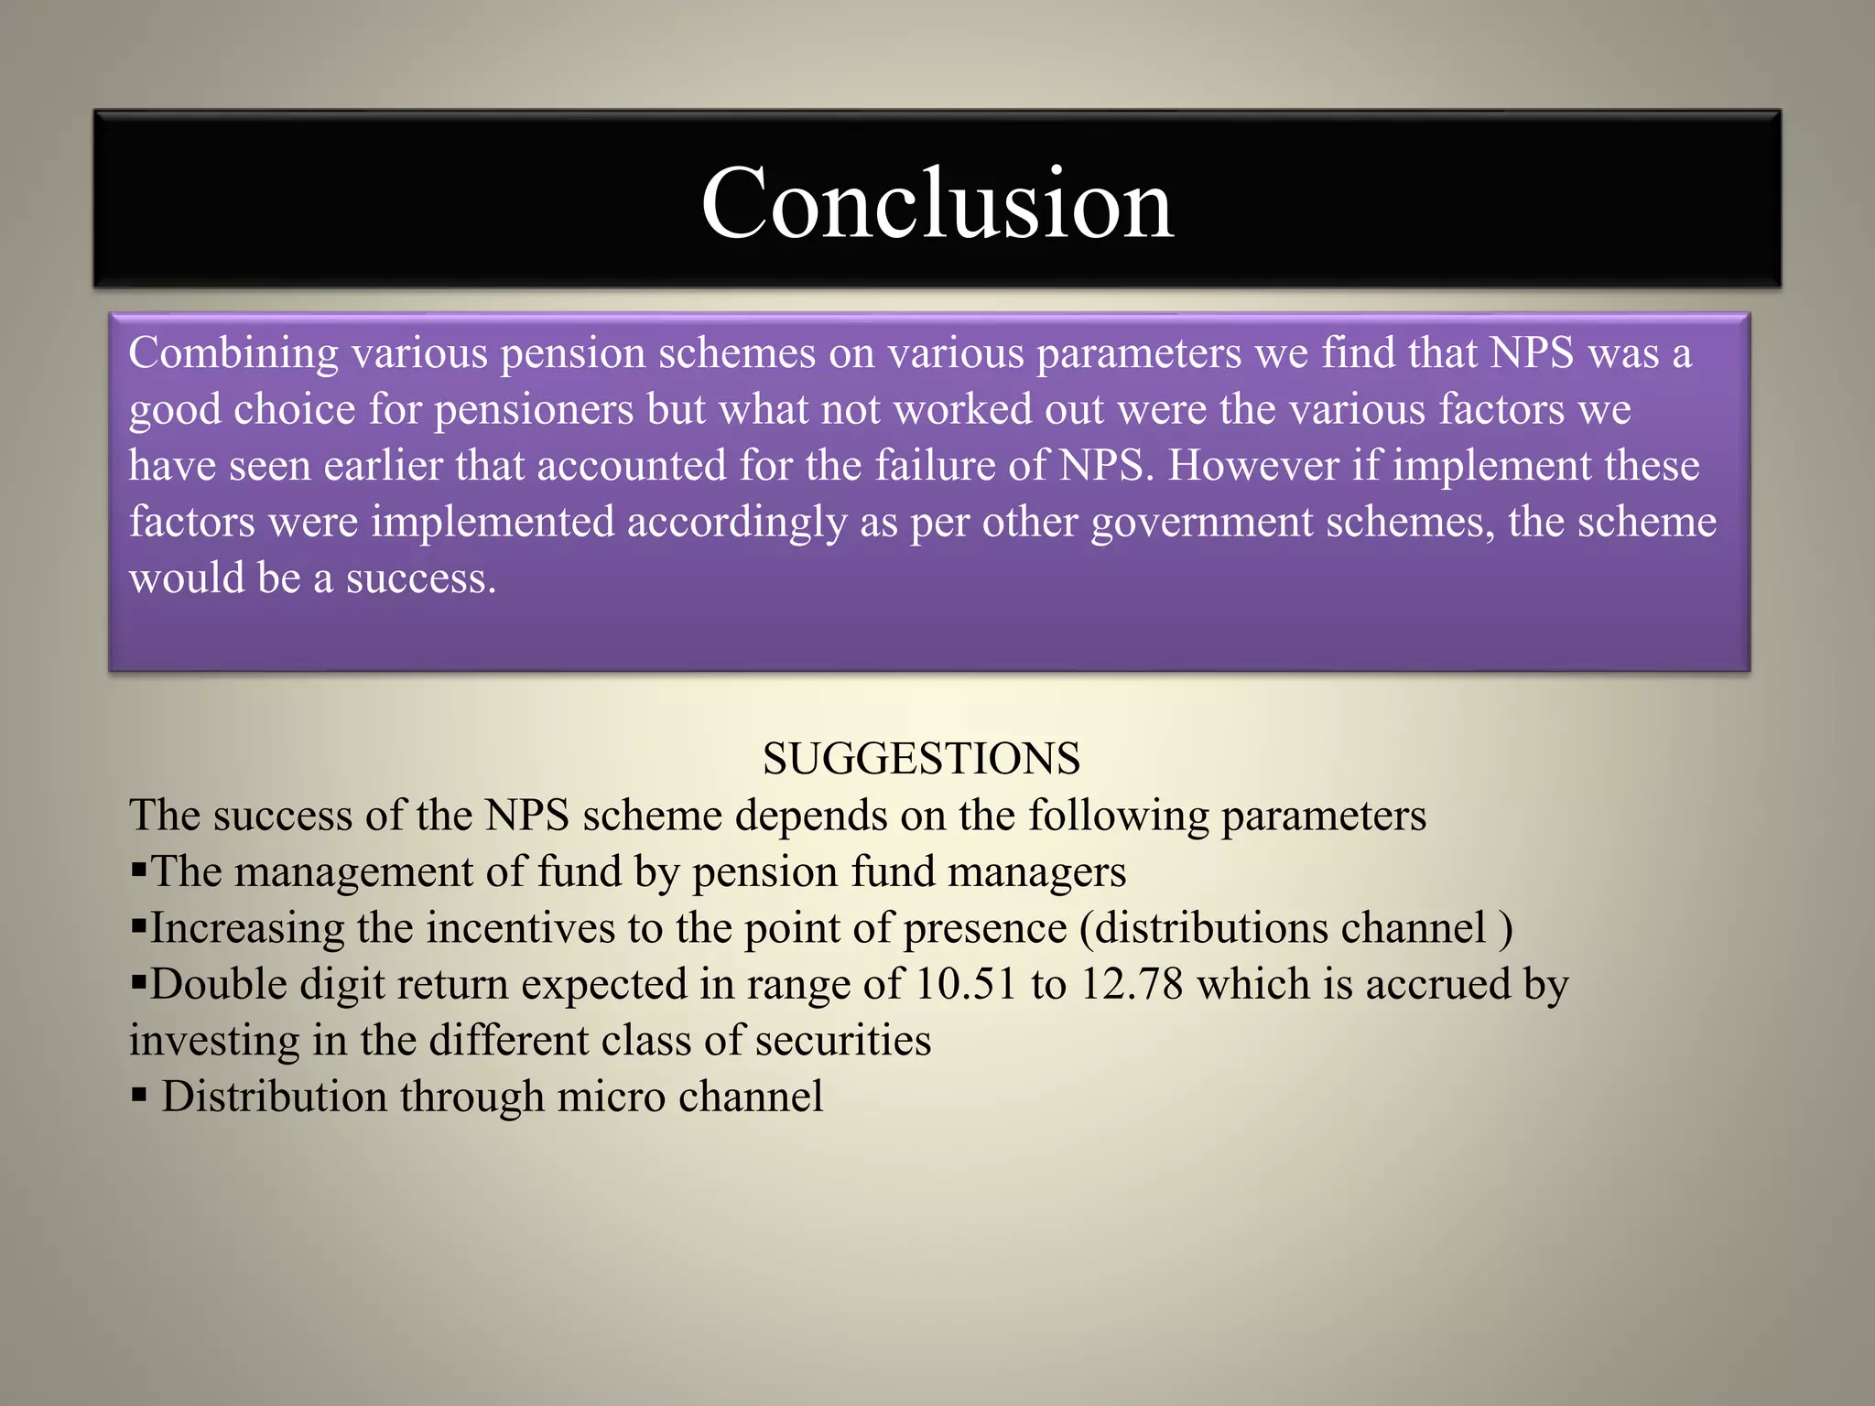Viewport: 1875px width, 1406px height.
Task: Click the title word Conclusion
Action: click(x=937, y=203)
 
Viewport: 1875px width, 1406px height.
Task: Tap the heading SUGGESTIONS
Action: click(x=921, y=759)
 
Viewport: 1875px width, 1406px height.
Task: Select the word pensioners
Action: click(x=534, y=410)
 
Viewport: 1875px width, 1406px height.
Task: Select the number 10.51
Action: click(x=966, y=985)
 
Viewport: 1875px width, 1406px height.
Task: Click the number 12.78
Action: click(x=1132, y=985)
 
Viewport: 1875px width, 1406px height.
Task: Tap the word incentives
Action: click(x=520, y=928)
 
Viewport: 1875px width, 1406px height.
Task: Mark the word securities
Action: click(x=842, y=1041)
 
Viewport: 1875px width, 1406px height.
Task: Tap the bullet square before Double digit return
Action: click(x=139, y=984)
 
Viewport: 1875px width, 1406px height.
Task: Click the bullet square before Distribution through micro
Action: click(x=139, y=1096)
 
